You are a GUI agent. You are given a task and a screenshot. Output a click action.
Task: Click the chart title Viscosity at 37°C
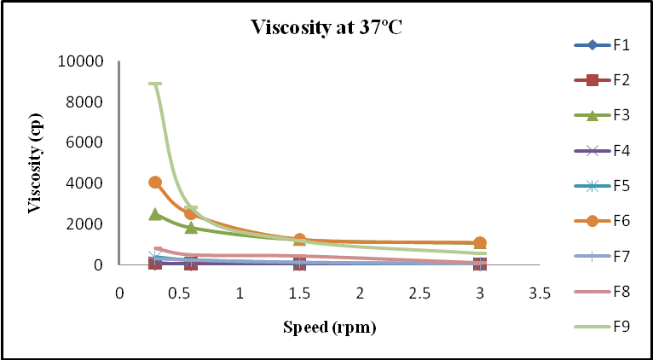[x=326, y=26]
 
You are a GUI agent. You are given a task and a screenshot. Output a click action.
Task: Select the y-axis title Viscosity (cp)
[x=36, y=162]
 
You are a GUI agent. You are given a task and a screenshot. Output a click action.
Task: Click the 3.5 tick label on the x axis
[x=540, y=293]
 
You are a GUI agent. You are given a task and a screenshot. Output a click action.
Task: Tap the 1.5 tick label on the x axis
[x=299, y=293]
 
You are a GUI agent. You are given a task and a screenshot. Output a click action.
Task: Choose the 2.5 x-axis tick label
[x=419, y=293]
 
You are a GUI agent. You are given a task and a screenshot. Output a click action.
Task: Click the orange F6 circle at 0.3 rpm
[x=155, y=182]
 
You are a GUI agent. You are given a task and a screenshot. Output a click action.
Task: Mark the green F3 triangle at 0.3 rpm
[x=155, y=214]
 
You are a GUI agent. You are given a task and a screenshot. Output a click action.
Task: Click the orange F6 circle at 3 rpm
[x=480, y=243]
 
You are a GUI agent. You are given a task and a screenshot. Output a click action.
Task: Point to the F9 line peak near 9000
[x=154, y=84]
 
